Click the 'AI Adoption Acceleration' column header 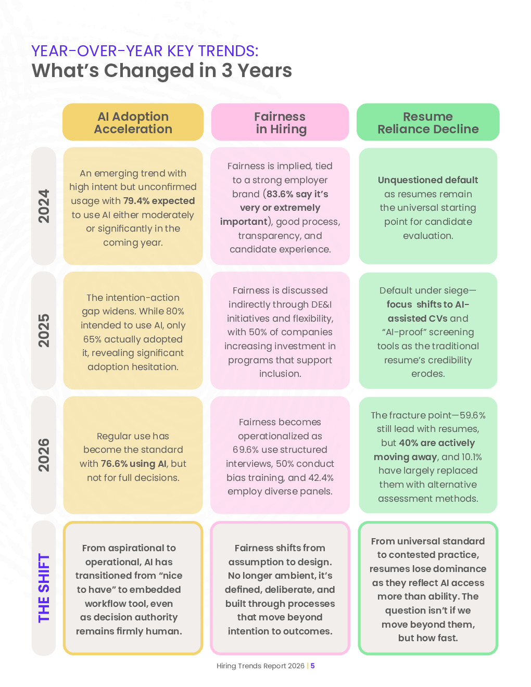point(133,123)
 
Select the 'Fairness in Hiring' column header point(280,123)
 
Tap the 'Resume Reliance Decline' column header point(428,123)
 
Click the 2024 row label point(44,206)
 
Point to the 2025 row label point(44,330)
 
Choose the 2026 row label point(44,455)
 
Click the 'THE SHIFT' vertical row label point(44,588)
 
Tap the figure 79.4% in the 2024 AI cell point(136,201)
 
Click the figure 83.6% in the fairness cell point(281,194)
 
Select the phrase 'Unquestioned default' point(428,180)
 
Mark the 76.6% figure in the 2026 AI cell point(114,464)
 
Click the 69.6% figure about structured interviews point(247,450)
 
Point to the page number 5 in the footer point(313,666)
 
